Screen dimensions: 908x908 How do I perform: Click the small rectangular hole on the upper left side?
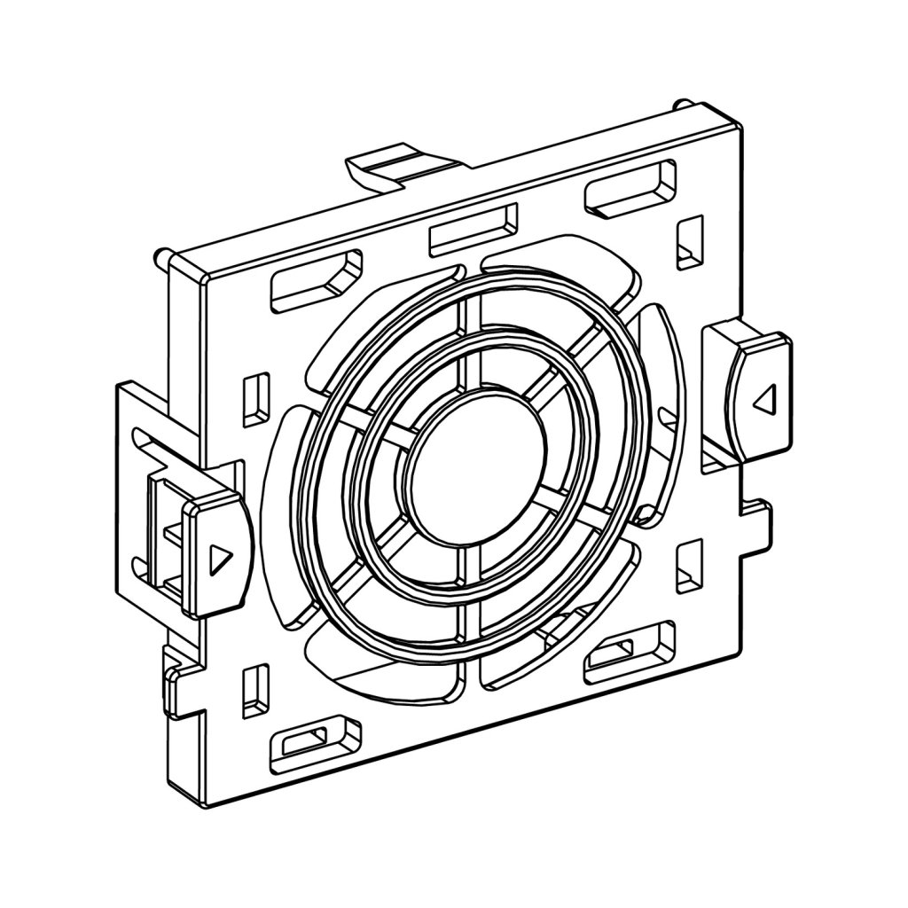255,395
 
